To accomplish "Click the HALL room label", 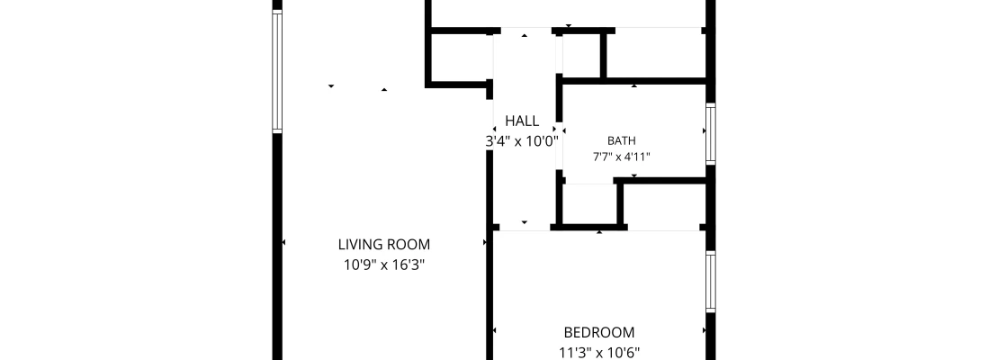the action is click(x=522, y=121).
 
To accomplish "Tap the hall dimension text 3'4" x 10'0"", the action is click(x=522, y=141).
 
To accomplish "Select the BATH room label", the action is click(x=621, y=140).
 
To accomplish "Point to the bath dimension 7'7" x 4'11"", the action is click(x=621, y=157).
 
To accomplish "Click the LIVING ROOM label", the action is click(x=384, y=245).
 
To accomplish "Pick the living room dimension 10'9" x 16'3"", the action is click(x=384, y=265).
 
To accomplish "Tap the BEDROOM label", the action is click(x=599, y=332).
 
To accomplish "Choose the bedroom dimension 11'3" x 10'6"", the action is click(x=599, y=353).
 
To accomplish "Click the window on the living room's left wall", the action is click(x=277, y=71).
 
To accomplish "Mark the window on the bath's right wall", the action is click(x=711, y=134).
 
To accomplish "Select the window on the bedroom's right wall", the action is click(x=711, y=281).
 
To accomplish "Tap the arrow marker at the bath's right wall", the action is click(x=704, y=131).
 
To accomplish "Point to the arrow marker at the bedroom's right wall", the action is click(x=704, y=330).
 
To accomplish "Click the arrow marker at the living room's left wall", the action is click(x=284, y=242).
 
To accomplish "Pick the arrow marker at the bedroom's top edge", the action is click(x=599, y=232).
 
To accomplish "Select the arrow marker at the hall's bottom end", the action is click(x=525, y=222).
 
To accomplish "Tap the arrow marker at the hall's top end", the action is click(x=525, y=35).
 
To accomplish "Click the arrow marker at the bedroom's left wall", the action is click(x=495, y=330).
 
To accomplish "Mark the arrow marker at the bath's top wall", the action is click(x=633, y=85).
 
